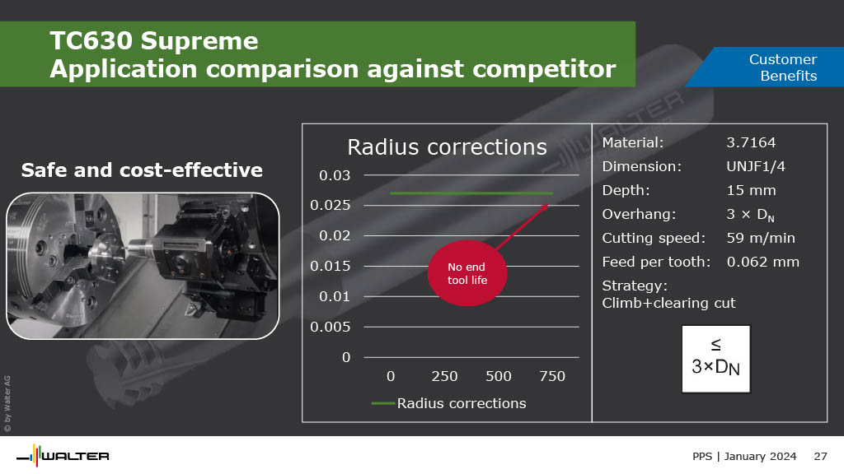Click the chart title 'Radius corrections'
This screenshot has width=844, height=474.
[447, 147]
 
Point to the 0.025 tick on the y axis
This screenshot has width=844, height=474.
[330, 205]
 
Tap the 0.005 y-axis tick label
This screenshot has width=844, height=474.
[330, 327]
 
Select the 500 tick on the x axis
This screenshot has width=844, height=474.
[499, 376]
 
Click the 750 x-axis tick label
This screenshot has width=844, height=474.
[552, 376]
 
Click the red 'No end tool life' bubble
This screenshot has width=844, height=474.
[467, 273]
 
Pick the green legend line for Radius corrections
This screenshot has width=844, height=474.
[383, 403]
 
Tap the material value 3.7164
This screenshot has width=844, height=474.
[751, 142]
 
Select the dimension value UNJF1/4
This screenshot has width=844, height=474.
[756, 166]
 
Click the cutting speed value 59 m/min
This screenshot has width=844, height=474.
[761, 238]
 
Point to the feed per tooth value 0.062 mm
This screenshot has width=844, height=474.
[762, 262]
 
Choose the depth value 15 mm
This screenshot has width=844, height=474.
[751, 190]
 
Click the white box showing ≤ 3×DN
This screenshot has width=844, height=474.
[716, 359]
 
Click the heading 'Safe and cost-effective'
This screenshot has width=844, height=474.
[142, 170]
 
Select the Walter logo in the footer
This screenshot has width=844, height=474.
[63, 456]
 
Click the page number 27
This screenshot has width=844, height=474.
[820, 456]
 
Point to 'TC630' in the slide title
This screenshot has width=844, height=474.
[91, 41]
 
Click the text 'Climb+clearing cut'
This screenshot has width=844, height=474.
[668, 303]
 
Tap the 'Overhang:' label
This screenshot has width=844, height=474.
[639, 215]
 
